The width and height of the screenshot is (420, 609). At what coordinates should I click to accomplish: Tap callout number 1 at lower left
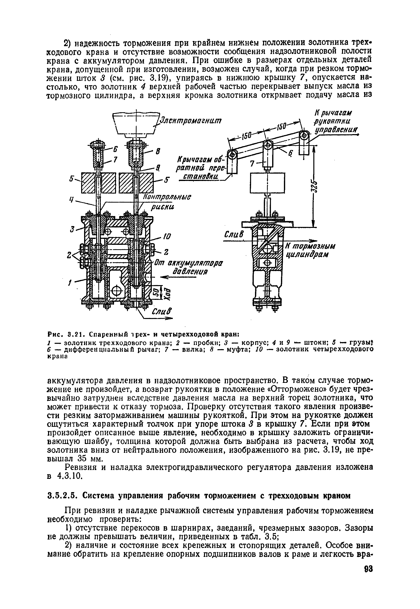pos(70,284)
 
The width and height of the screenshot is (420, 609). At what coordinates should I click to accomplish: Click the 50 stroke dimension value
pos(155,292)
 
